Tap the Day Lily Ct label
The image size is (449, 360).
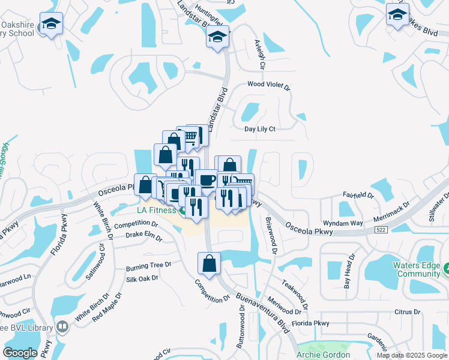click(x=259, y=129)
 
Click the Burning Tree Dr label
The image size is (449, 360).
click(x=148, y=265)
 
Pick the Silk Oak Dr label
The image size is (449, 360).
click(x=142, y=278)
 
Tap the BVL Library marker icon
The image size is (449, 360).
click(x=62, y=327)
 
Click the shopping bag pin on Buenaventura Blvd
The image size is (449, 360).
click(x=209, y=264)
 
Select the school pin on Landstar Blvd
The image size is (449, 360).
click(x=217, y=38)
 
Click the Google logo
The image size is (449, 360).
click(x=20, y=353)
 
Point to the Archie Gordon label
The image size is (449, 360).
click(x=323, y=355)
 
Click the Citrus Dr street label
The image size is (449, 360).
click(x=408, y=312)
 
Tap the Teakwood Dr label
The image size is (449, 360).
click(x=294, y=293)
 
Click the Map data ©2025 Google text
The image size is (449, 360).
click(x=411, y=355)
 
